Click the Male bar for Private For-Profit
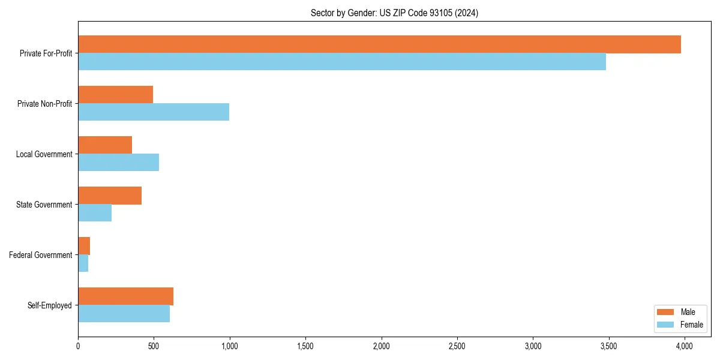tap(379, 44)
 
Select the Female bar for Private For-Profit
tap(342, 62)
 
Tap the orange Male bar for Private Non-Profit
tap(115, 95)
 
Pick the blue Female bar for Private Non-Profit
tap(154, 112)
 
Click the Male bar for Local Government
tap(105, 145)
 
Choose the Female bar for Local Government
tap(118, 163)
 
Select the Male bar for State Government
tap(110, 196)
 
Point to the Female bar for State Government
tap(95, 213)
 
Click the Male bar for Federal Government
tap(84, 246)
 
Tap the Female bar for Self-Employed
tap(124, 314)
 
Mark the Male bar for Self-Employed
tap(125, 296)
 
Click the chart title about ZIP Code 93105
tap(394, 13)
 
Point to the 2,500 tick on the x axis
tap(457, 346)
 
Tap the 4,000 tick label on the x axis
tap(685, 346)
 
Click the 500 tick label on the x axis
tap(154, 346)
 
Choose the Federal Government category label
tap(41, 255)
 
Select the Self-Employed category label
tap(50, 305)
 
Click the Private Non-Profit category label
tap(44, 104)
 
